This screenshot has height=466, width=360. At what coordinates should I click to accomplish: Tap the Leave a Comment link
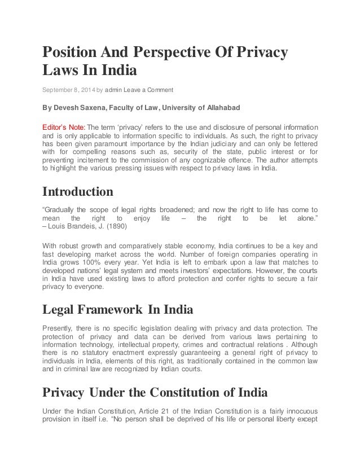tap(152, 90)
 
